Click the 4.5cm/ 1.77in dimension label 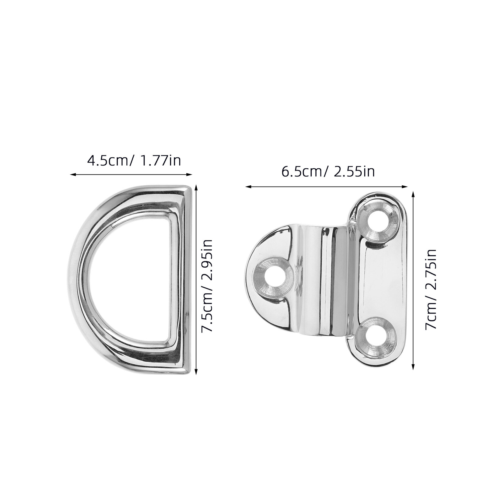point(134,160)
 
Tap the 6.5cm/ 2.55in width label point(328,172)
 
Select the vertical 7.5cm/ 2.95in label point(208,281)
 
